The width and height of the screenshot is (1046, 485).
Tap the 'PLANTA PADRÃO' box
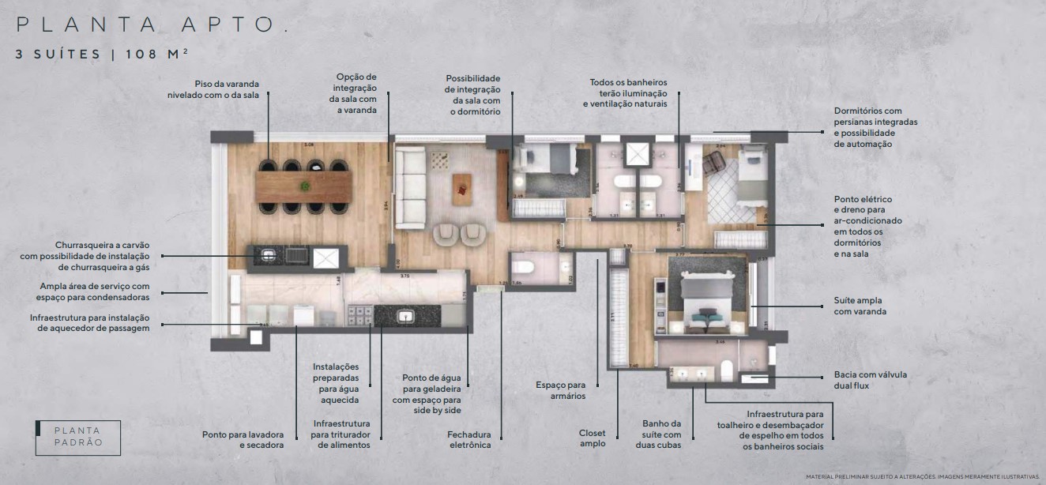coord(78,437)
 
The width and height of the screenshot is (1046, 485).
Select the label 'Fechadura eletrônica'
coord(468,439)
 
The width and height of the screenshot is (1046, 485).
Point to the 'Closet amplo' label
coord(592,438)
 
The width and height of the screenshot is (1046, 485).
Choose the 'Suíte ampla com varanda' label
coord(860,306)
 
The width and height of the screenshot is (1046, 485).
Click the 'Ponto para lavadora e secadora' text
coord(243,439)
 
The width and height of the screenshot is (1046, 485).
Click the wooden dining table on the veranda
coord(304,187)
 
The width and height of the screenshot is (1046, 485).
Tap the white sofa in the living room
coord(409,187)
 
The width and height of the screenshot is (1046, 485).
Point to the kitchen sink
coord(405,316)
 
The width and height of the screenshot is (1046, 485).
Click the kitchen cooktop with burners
coord(360,316)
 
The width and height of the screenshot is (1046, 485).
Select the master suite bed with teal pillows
coord(706,309)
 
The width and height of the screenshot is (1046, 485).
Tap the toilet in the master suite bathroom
coord(727,369)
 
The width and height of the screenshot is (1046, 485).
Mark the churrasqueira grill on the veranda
coord(269,254)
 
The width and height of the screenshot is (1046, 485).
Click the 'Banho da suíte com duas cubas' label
coord(661,434)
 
